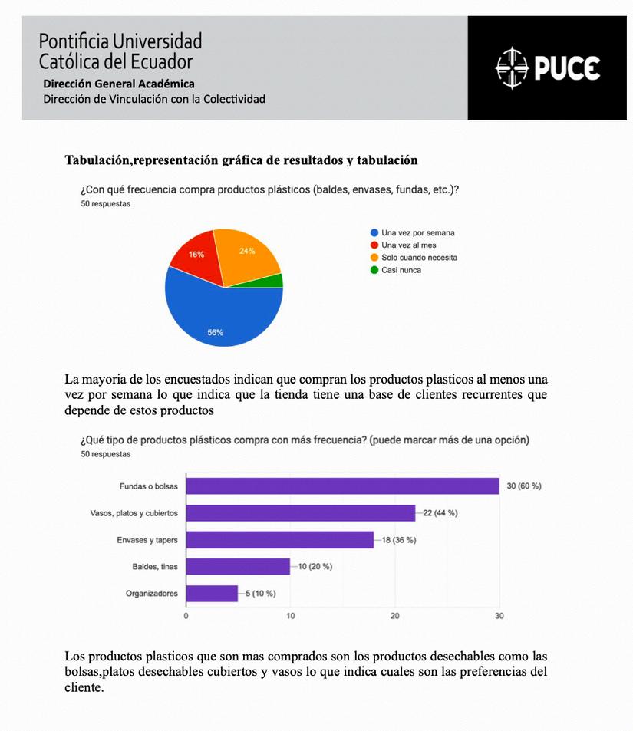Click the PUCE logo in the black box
click(547, 68)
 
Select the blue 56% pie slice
click(219, 314)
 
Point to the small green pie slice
click(275, 281)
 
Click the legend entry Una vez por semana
click(417, 232)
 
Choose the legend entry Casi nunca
click(401, 270)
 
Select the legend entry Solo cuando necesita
click(419, 258)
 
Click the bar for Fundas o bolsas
click(342, 486)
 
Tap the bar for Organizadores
click(212, 594)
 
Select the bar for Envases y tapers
click(279, 540)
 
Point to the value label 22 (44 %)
click(440, 513)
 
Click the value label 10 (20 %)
click(315, 567)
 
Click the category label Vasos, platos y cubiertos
click(134, 513)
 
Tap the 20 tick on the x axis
click(394, 615)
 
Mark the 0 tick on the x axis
click(186, 615)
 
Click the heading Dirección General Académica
click(118, 84)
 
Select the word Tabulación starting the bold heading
click(97, 160)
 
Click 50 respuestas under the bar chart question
click(105, 454)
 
